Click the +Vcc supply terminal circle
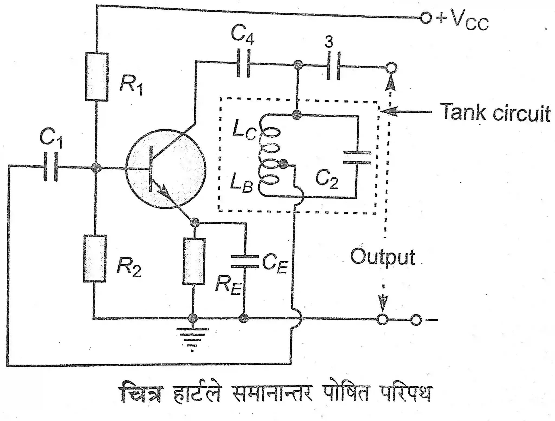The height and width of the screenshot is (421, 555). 425,18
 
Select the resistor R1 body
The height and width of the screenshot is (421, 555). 97,77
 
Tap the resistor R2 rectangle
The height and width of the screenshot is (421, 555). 95,258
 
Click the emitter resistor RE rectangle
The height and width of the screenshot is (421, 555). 194,261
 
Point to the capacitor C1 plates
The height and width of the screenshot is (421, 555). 50,167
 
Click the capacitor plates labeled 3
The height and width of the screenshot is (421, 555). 333,66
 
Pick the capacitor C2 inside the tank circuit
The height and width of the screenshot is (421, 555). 357,158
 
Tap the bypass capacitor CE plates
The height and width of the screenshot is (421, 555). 245,261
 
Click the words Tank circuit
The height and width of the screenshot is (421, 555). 495,113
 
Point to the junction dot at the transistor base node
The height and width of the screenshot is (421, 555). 96,168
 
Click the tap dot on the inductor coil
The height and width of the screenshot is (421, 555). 283,163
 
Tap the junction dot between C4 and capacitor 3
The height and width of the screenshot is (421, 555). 298,65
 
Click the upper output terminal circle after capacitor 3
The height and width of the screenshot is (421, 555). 391,68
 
